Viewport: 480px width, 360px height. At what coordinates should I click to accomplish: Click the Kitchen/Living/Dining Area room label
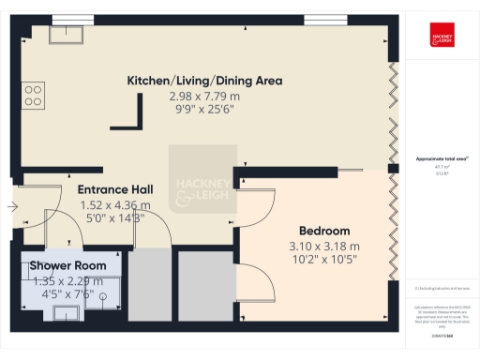pos(204,81)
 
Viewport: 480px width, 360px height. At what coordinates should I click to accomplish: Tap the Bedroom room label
pos(324,231)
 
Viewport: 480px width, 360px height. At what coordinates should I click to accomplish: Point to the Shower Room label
pos(67,265)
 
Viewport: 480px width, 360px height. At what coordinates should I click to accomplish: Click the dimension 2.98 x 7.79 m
pos(204,96)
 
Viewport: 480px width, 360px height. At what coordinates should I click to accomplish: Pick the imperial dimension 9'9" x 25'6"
pos(204,109)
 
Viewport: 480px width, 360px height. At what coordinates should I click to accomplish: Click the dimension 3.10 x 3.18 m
pos(324,246)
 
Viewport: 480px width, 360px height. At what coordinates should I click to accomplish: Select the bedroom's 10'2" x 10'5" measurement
pos(324,260)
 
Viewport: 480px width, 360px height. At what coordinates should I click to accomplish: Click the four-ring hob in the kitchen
pos(34,94)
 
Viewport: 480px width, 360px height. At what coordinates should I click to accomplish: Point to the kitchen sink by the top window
pos(67,35)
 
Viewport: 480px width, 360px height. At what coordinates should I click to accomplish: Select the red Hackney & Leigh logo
pos(442,34)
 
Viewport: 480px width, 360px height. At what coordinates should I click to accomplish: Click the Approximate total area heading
pos(442,158)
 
